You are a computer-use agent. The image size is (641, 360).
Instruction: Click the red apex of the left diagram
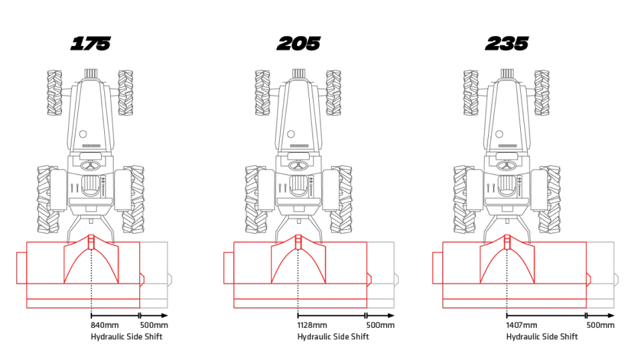pyautogui.click(x=92, y=236)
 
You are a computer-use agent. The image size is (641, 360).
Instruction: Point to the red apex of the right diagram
pyautogui.click(x=507, y=236)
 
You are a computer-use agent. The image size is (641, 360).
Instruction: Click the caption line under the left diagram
pyautogui.click(x=127, y=337)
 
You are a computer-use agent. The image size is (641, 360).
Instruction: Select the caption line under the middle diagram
pyautogui.click(x=333, y=337)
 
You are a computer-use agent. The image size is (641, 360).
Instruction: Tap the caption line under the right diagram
pyautogui.click(x=542, y=337)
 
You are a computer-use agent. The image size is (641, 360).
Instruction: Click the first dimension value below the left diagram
pyautogui.click(x=105, y=325)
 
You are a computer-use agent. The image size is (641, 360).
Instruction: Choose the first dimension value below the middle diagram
pyautogui.click(x=312, y=325)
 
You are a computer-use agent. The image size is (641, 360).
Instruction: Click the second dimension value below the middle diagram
pyautogui.click(x=379, y=325)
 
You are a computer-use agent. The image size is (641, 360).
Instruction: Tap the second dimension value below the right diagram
pyautogui.click(x=598, y=325)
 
